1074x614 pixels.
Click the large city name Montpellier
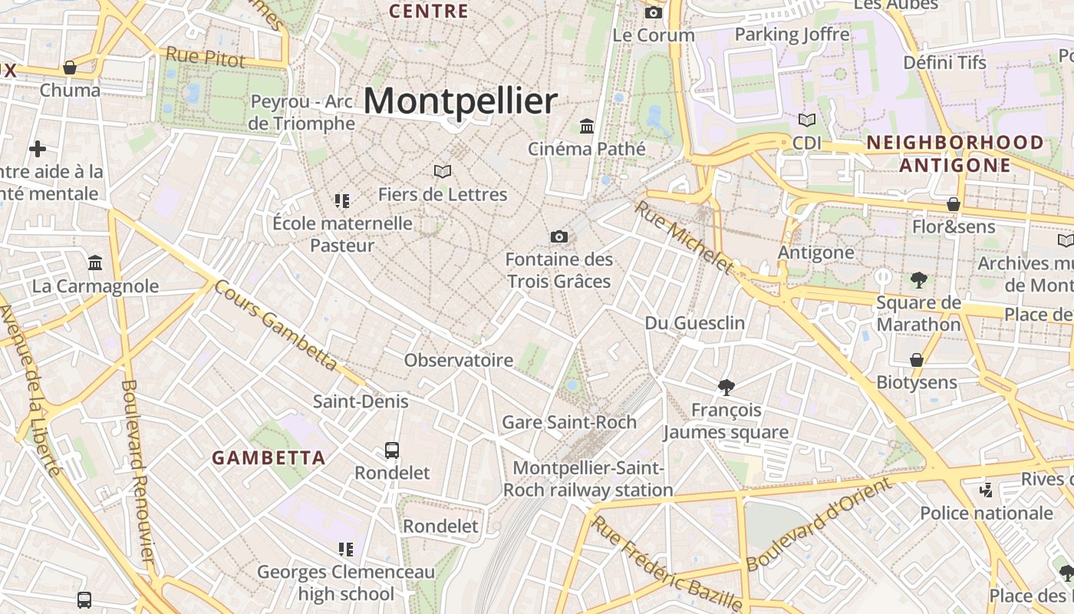[460, 101]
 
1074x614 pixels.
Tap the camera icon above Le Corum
[654, 12]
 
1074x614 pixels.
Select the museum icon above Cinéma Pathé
[587, 126]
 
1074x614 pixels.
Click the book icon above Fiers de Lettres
[443, 171]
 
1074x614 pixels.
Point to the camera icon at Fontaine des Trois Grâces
[559, 236]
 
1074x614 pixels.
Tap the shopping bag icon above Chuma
[70, 68]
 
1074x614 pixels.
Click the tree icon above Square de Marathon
[918, 279]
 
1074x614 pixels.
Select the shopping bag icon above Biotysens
[916, 359]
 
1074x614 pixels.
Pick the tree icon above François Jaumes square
[726, 387]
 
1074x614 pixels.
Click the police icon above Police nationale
[986, 490]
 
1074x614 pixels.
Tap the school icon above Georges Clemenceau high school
[345, 549]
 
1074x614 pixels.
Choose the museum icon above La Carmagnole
[95, 263]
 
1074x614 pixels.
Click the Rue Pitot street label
[206, 57]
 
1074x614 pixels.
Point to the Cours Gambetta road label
[275, 325]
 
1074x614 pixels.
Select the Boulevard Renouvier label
[139, 472]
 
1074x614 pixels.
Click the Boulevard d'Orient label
[819, 523]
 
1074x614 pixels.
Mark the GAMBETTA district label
[268, 458]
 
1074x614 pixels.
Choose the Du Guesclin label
[694, 323]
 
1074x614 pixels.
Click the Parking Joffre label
[792, 35]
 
